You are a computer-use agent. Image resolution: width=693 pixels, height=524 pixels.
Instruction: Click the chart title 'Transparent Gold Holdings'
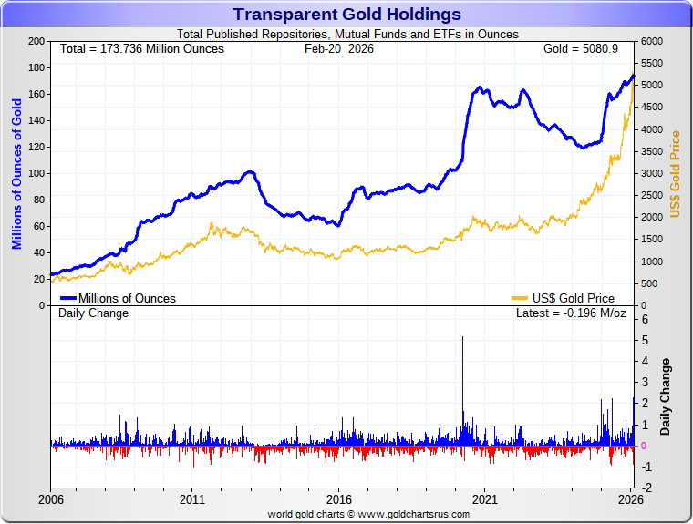pos(346,15)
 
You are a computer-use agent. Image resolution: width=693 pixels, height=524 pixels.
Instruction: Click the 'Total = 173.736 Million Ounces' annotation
pos(141,48)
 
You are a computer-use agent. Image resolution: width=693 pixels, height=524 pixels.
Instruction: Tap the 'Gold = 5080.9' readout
pos(580,48)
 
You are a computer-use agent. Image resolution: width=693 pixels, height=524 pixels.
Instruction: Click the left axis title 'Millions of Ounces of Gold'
pos(16,173)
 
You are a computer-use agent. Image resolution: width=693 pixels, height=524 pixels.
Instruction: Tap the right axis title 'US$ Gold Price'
pos(676,173)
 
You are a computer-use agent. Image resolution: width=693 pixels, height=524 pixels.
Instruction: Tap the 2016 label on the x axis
pos(339,499)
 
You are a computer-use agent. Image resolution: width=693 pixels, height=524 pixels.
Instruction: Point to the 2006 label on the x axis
pos(50,499)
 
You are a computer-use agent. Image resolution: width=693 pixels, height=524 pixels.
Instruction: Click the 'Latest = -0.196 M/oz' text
pos(571,313)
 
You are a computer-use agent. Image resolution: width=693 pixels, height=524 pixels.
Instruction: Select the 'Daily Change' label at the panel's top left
pos(94,313)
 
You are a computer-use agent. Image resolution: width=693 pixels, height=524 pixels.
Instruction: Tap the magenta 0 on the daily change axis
pos(644,446)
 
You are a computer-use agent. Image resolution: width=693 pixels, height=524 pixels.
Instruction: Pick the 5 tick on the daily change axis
pos(644,341)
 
